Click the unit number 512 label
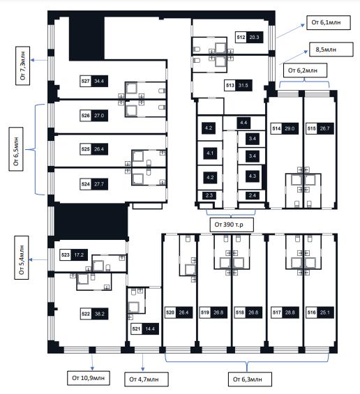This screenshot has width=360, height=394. point(241,37)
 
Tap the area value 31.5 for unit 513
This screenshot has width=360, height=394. point(243,86)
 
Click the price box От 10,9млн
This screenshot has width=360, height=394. point(88,378)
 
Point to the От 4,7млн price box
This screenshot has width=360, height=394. point(147,379)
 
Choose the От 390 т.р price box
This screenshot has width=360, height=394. point(232,225)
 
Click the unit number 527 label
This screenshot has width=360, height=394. point(86,81)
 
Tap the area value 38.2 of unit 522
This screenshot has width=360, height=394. point(100,314)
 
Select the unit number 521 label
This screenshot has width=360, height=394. point(136,328)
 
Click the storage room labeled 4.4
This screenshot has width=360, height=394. point(243,123)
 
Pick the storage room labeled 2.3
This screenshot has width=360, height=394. point(209,195)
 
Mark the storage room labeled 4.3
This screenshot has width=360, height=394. point(253,176)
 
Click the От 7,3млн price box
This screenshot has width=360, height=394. point(22,66)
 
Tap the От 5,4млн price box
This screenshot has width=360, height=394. point(22,257)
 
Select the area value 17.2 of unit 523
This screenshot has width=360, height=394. point(79,255)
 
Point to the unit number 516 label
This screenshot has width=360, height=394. point(311,312)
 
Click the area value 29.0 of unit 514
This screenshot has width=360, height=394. point(290,128)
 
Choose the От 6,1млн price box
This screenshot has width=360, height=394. point(329,22)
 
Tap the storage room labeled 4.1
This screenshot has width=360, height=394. point(210,153)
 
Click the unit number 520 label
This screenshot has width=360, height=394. point(170,312)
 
